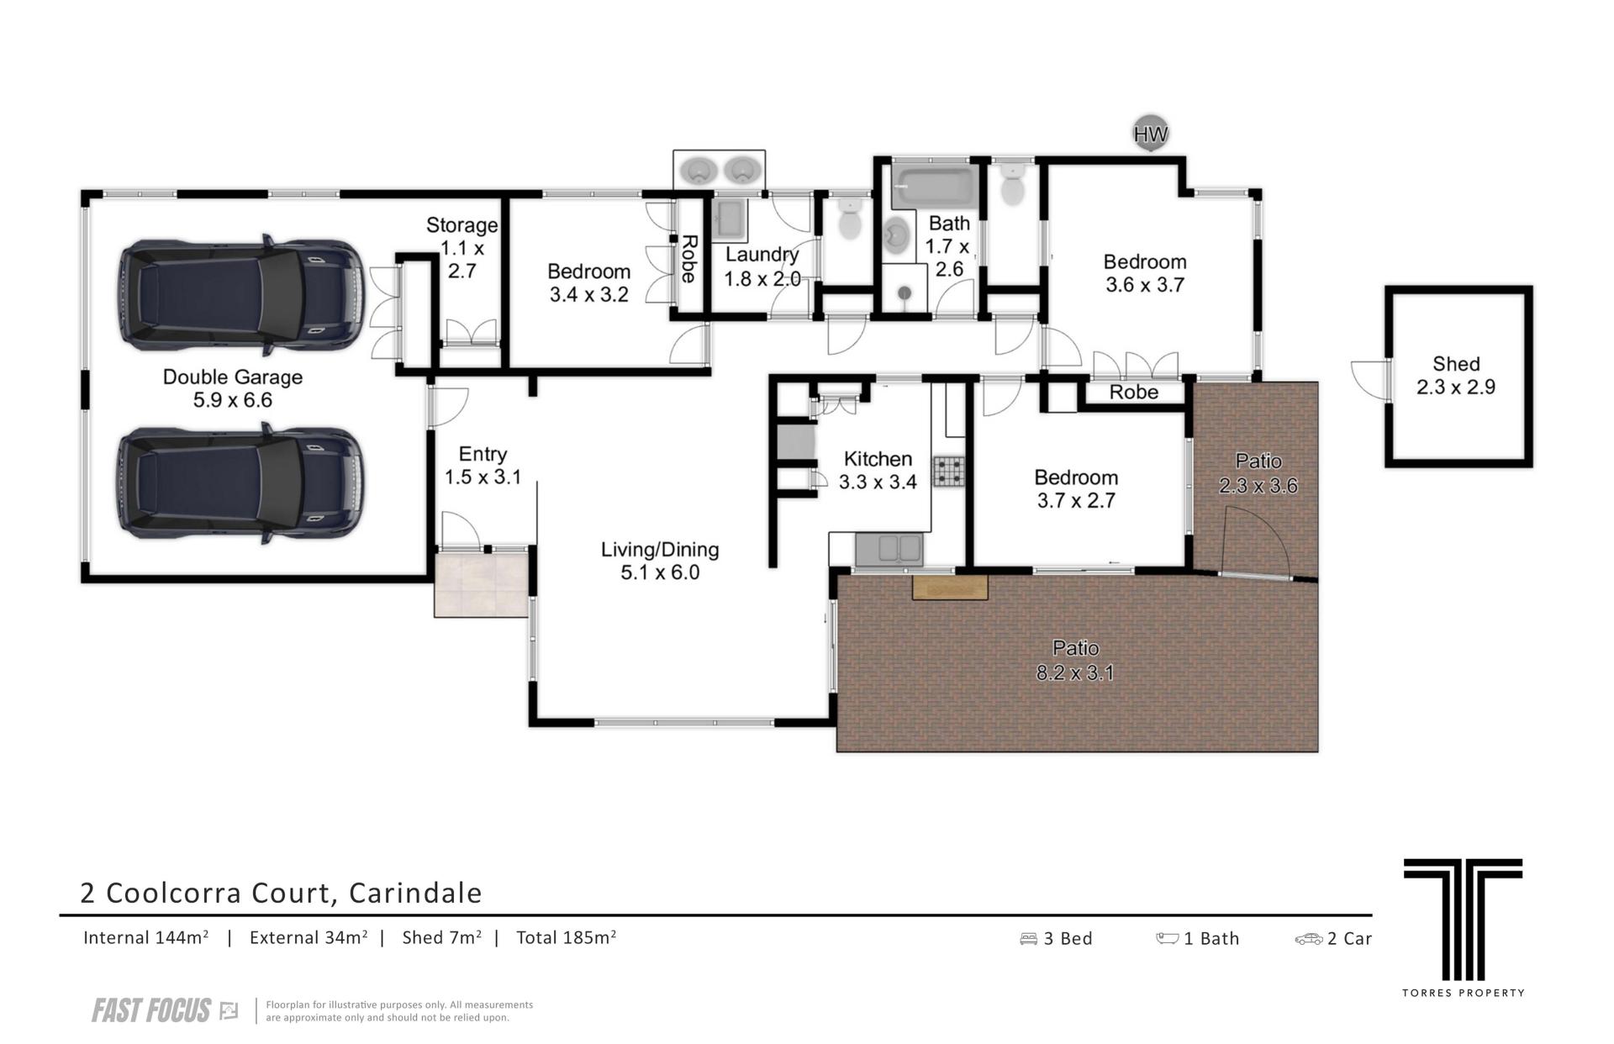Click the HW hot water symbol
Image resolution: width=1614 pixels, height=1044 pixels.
(1150, 133)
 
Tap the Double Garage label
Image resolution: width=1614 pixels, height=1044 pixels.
(233, 377)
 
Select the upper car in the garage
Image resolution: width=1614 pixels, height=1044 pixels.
(241, 294)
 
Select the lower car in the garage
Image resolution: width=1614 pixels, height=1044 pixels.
(241, 483)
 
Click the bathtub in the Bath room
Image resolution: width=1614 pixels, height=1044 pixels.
(932, 186)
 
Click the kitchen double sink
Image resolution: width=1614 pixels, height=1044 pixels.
(889, 550)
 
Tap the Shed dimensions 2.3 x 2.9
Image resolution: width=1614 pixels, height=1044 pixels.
(1456, 388)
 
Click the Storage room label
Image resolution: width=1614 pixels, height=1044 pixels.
(462, 225)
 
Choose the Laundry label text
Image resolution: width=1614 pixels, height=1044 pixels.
(762, 255)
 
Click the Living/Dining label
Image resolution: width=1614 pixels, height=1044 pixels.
(660, 550)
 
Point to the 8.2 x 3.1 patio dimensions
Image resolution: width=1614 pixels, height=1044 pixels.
(1075, 672)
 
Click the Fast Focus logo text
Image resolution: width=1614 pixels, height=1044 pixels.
(151, 1010)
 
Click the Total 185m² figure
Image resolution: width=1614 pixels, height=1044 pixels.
(566, 937)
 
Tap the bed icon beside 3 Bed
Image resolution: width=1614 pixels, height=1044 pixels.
(1028, 939)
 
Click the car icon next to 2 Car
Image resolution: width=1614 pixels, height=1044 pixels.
(1309, 939)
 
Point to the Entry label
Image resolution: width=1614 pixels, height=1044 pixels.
(483, 454)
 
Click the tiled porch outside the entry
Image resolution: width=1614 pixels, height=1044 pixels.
(482, 584)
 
